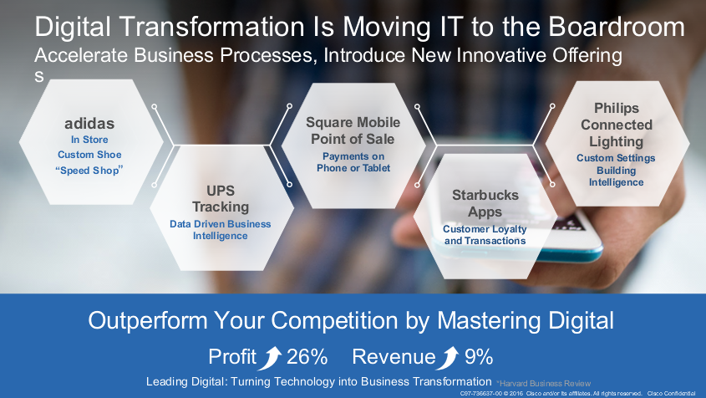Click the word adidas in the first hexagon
pyautogui.click(x=89, y=124)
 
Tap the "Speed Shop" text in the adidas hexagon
pyautogui.click(x=89, y=171)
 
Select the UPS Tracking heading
pyautogui.click(x=221, y=199)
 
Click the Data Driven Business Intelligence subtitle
pyautogui.click(x=221, y=230)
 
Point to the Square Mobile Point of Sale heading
pyautogui.click(x=353, y=130)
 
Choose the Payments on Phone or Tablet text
pyautogui.click(x=353, y=162)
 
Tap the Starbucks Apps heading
pyautogui.click(x=485, y=203)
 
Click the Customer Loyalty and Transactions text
pyautogui.click(x=485, y=235)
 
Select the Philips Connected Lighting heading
pyautogui.click(x=616, y=125)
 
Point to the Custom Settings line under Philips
pyautogui.click(x=616, y=158)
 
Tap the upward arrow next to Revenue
pyautogui.click(x=449, y=358)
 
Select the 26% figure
pyautogui.click(x=307, y=357)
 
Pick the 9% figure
pyautogui.click(x=478, y=357)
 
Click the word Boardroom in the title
pyautogui.click(x=617, y=27)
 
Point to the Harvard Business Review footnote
pyautogui.click(x=543, y=384)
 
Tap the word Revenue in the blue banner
pyautogui.click(x=394, y=357)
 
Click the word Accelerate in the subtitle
pyautogui.click(x=81, y=55)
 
